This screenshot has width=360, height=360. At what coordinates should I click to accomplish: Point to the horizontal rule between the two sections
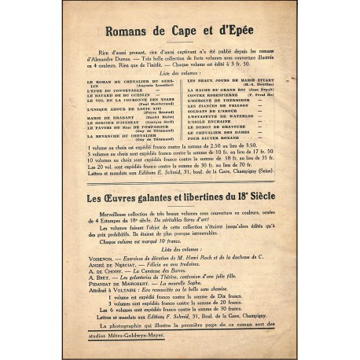179,208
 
